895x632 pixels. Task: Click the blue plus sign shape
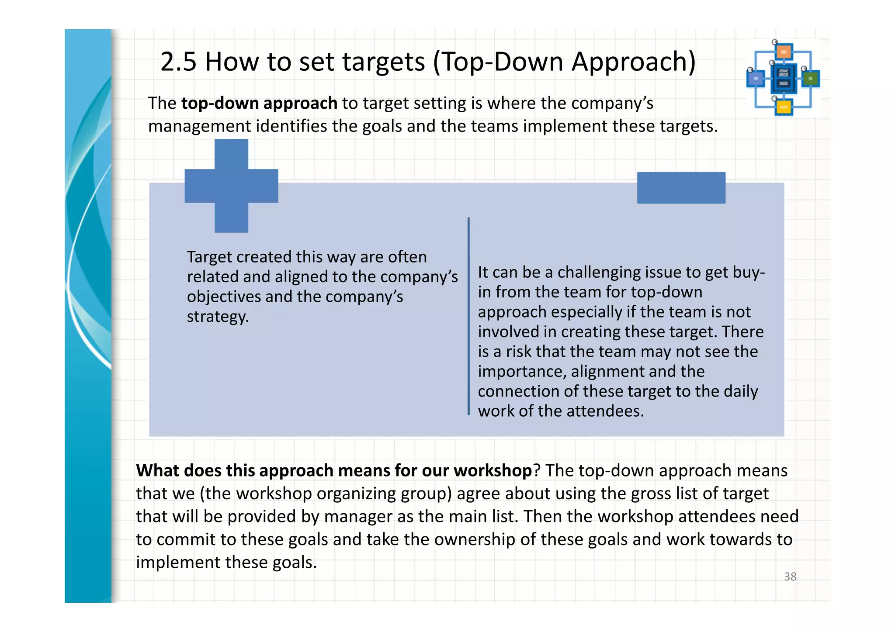(231, 186)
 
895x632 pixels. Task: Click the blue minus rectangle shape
(681, 188)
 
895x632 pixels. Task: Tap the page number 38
(790, 577)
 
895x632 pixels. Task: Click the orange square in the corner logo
(784, 52)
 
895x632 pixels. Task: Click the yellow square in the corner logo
(784, 107)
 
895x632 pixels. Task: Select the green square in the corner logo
(811, 79)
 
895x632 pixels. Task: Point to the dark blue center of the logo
(784, 79)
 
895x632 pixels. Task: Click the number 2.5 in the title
(178, 62)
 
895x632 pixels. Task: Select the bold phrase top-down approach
(259, 104)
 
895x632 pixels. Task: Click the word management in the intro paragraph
(199, 126)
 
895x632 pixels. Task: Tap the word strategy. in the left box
(218, 317)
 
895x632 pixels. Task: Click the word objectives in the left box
(224, 297)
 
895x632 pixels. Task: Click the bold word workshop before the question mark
(493, 471)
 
